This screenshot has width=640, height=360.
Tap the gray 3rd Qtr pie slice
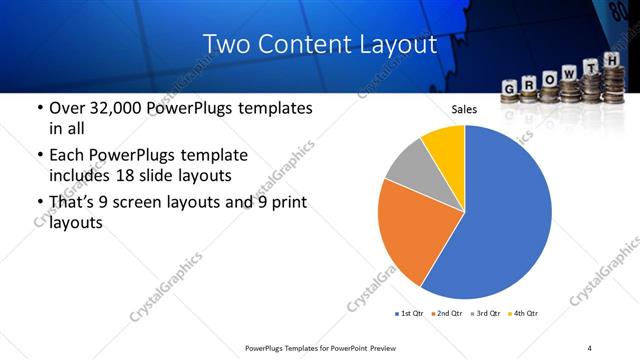point(410,164)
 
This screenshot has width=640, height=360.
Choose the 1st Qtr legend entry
point(410,314)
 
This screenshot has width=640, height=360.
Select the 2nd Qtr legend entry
point(446,314)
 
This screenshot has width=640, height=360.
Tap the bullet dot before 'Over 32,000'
point(39,108)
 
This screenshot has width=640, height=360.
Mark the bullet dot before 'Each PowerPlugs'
point(39,156)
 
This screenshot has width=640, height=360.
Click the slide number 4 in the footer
point(589,347)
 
